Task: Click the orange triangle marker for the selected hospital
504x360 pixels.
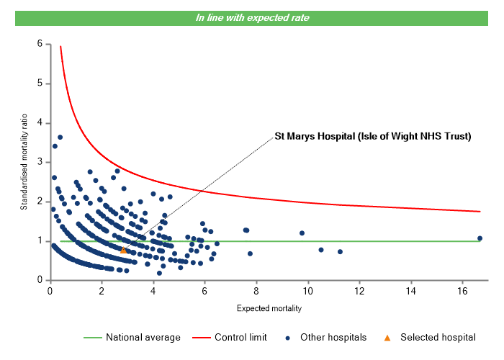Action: [x=124, y=250]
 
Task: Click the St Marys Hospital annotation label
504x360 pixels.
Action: [x=372, y=136]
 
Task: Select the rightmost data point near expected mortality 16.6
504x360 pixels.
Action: [x=480, y=238]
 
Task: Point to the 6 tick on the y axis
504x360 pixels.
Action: [x=40, y=44]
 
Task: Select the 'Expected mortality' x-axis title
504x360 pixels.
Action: [x=269, y=309]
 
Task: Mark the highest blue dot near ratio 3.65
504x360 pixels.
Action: [x=60, y=137]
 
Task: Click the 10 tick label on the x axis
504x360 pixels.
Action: [x=307, y=291]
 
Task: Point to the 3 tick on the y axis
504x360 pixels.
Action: [x=40, y=162]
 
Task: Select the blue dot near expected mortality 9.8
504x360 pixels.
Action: [x=302, y=233]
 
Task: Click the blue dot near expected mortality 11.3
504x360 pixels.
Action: [x=340, y=251]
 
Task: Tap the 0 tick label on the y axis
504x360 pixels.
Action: [x=40, y=280]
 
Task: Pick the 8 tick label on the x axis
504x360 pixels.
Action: [x=256, y=291]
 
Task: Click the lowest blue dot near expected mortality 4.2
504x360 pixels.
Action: [x=159, y=273]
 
